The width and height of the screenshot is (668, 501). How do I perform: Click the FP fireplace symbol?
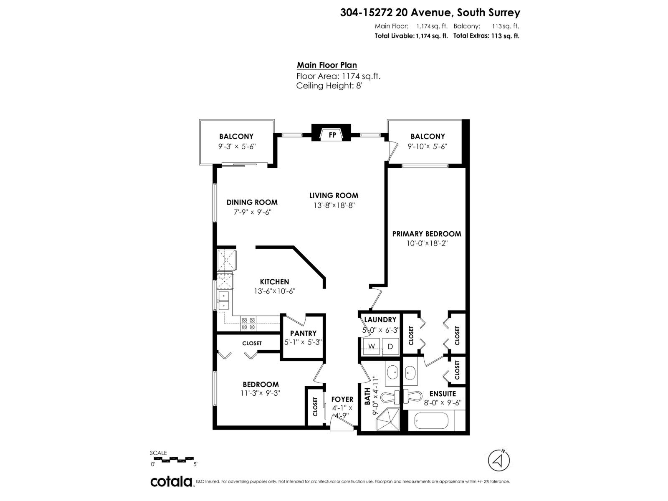tap(332, 134)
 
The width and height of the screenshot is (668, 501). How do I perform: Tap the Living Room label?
tap(334, 195)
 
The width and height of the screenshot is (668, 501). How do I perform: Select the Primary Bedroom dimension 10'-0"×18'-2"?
tap(427, 243)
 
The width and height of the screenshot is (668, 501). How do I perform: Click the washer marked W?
tap(371, 346)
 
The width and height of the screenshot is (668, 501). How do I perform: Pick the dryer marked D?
tap(391, 346)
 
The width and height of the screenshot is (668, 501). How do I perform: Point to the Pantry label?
tap(303, 333)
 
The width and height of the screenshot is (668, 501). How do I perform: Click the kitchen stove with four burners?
tap(248, 324)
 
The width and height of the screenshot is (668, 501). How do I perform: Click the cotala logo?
tap(171, 481)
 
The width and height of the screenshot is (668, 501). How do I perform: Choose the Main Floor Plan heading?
tap(326, 65)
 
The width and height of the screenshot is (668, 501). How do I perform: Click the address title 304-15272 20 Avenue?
tap(430, 13)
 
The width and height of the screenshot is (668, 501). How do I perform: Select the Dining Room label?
tap(252, 202)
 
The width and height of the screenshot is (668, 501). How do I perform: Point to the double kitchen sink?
tap(223, 301)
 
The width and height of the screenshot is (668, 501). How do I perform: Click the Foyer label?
tap(342, 400)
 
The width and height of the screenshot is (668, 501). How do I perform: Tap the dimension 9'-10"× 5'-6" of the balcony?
tap(428, 147)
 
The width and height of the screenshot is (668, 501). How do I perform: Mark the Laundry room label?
tap(380, 320)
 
